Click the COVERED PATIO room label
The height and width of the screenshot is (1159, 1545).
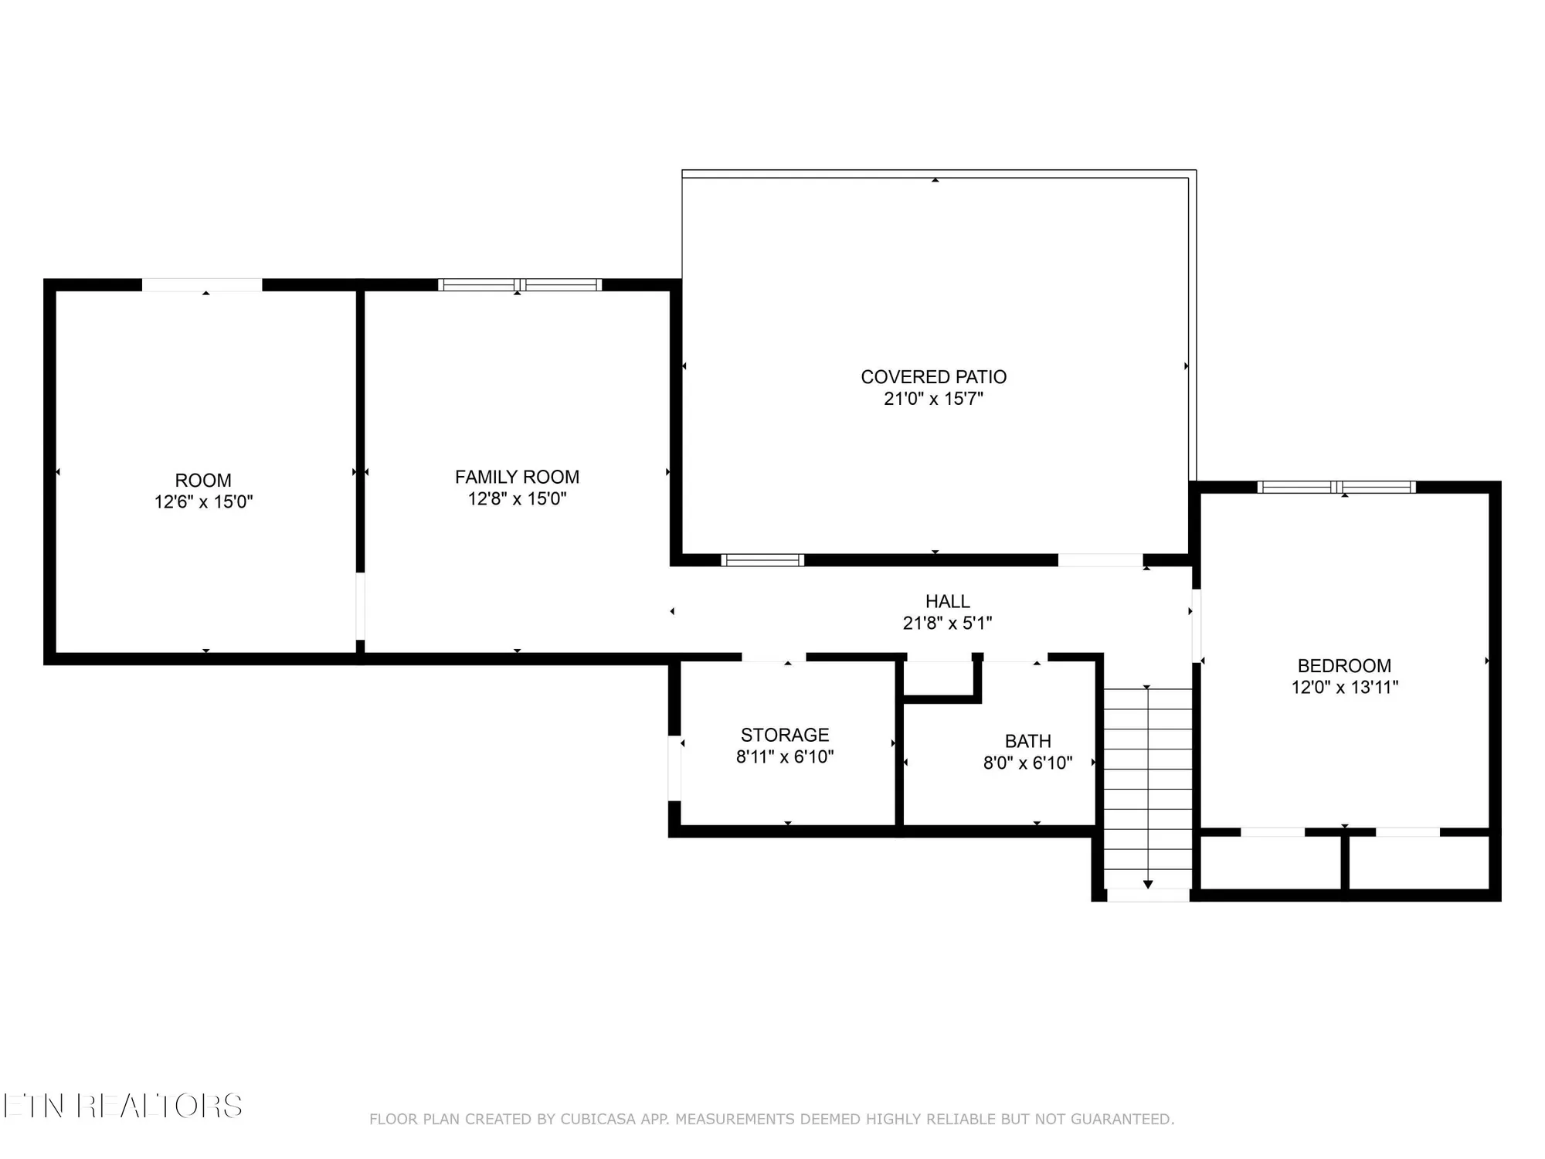(933, 377)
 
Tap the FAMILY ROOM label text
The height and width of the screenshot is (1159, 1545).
(517, 477)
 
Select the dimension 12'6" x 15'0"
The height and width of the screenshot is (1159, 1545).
(203, 502)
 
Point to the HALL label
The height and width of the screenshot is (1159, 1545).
(947, 601)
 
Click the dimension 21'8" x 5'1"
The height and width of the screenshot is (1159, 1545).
(947, 623)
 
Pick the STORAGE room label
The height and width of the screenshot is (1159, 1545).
(785, 735)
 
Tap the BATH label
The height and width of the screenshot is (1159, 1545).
(1027, 741)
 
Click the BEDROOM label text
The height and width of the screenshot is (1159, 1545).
(1344, 665)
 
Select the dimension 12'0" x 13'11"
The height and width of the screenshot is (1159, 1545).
(1344, 687)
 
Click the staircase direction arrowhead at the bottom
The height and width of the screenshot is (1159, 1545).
(1148, 884)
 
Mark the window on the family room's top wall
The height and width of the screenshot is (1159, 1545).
(520, 284)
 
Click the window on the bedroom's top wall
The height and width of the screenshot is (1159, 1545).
(1336, 487)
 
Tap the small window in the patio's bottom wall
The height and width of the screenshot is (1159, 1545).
(762, 560)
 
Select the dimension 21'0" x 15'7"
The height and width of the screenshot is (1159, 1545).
(933, 399)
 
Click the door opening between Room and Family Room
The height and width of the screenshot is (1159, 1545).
(360, 606)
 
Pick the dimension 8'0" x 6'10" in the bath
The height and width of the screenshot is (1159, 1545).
(1027, 763)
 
